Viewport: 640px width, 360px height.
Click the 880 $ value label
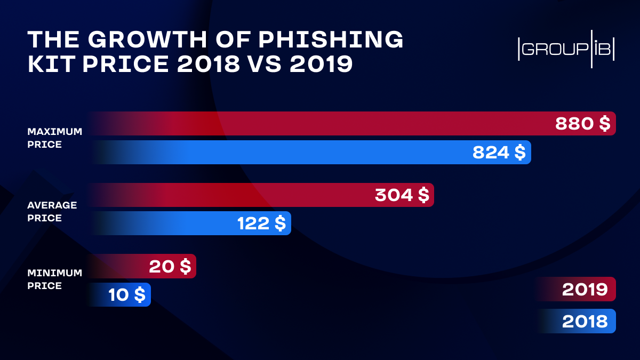(582, 124)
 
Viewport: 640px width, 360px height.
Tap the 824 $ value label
(499, 153)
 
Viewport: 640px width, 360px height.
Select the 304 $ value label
(402, 195)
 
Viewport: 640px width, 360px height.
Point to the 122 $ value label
(261, 223)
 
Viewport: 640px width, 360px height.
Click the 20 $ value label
(170, 266)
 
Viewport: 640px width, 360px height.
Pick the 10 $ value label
(126, 295)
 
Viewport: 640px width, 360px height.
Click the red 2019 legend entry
(584, 290)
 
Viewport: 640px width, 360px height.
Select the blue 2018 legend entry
(584, 321)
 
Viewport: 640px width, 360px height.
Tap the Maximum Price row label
(54, 138)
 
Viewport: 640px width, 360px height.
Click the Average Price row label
(52, 211)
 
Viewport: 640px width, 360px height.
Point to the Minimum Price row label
(54, 279)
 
